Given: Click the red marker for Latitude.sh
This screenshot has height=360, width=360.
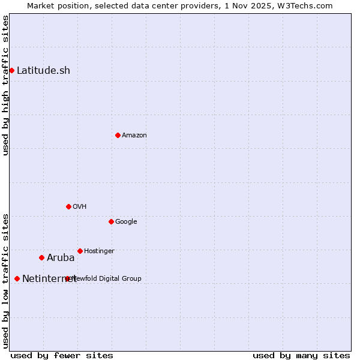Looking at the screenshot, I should click(11, 70).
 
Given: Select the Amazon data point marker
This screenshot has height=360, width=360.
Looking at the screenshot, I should click(118, 135).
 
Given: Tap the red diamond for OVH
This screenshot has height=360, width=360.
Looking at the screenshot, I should click(68, 206).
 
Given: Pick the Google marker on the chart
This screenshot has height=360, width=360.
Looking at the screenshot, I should click(111, 221).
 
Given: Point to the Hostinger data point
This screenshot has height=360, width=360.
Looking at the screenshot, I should click(80, 251).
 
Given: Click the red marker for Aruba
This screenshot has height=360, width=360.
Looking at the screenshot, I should click(41, 257).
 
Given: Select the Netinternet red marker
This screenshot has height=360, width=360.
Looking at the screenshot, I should click(17, 278).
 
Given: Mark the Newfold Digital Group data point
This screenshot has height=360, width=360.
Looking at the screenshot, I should click(67, 278).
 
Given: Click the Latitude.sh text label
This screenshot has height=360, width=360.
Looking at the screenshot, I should click(43, 70).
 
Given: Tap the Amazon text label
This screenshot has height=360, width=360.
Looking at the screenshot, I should click(134, 135).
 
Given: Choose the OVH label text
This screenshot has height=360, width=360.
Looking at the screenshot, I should click(80, 206).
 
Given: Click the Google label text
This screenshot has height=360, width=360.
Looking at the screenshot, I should click(126, 221).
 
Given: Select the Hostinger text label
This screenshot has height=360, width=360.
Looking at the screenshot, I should click(99, 251).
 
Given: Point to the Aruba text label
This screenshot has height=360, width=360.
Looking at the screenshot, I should click(61, 257).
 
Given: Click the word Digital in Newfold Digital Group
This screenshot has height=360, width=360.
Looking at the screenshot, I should click(110, 278).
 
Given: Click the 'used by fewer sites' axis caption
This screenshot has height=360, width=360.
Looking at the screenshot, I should click(62, 355).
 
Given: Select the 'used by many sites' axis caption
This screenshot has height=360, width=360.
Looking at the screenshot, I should click(301, 355).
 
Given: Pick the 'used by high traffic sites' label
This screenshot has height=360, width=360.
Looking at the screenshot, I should click(5, 85).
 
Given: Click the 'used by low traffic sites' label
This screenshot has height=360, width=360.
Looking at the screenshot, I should click(5, 280).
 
